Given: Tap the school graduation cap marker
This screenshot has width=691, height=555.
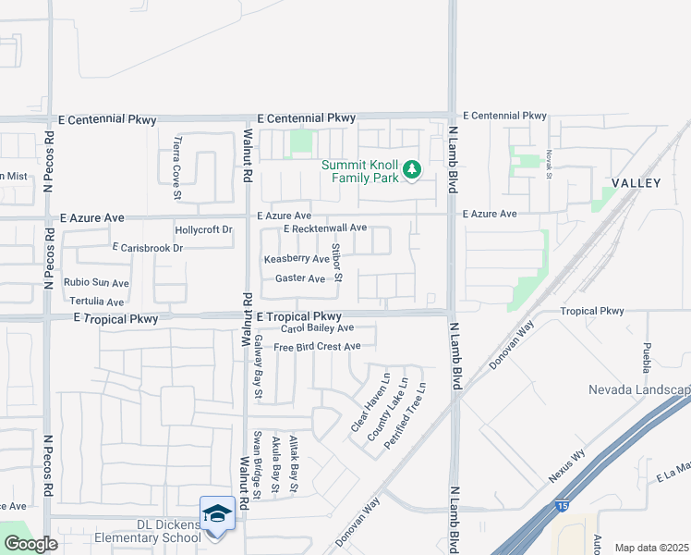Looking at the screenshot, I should [x=217, y=513].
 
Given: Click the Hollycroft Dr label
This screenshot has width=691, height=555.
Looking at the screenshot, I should [x=203, y=229].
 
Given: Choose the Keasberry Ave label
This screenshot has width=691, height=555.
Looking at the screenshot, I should [x=297, y=260].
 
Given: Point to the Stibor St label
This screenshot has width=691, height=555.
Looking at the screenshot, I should [x=338, y=264].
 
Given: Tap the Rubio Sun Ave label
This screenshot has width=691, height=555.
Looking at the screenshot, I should [x=96, y=282].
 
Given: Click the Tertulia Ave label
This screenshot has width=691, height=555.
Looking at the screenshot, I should [x=96, y=302].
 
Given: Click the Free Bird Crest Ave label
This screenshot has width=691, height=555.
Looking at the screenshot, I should [x=317, y=347].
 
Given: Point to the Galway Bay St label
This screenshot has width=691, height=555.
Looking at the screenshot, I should [x=260, y=367].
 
